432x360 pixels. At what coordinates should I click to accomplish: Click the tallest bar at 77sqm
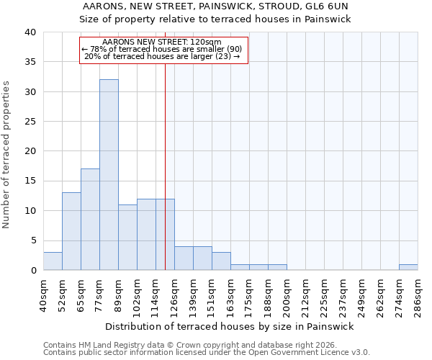pos(109,175)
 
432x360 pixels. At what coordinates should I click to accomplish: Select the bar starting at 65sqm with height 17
pos(90,220)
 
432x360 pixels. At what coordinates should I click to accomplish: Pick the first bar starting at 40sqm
pos(53,261)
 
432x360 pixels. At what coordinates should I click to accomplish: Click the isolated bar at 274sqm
pos(408,267)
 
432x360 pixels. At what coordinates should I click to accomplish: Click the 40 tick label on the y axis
pos(30,32)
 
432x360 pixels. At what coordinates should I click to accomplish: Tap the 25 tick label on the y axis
pos(30,122)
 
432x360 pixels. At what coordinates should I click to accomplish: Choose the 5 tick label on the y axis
pos(32,240)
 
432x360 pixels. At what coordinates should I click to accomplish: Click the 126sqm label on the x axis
pos(175,295)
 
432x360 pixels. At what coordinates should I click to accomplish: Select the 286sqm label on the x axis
pos(418,295)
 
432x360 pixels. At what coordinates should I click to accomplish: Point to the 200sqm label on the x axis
pos(287,295)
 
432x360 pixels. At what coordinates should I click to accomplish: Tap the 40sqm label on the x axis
pos(44,295)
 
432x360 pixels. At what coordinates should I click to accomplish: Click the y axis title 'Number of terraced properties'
pos(6,155)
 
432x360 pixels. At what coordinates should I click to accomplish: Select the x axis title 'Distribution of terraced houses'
pos(234,326)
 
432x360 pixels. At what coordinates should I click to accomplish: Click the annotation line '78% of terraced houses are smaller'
pos(163,49)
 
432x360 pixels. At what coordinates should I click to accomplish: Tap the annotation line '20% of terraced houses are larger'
pos(163,56)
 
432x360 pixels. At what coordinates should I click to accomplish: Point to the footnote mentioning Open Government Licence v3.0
pos(207,353)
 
